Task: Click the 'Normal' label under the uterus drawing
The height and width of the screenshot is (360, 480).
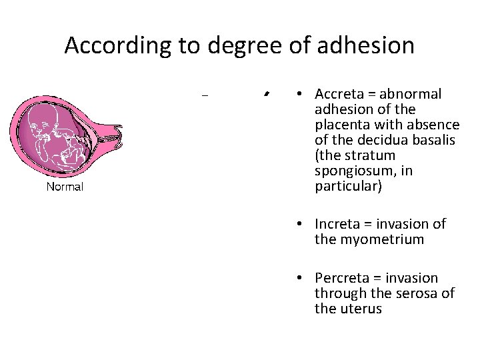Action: pyautogui.click(x=65, y=187)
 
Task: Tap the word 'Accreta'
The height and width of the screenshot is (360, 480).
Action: pyautogui.click(x=337, y=94)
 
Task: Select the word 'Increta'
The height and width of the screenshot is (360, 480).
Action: pyautogui.click(x=335, y=224)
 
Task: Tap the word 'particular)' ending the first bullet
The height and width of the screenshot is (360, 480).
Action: pyautogui.click(x=348, y=186)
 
